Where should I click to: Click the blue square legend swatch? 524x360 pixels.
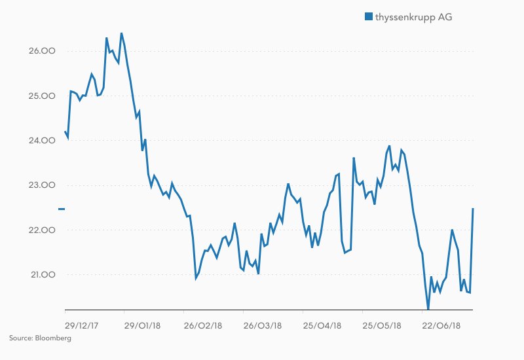[x=368, y=16]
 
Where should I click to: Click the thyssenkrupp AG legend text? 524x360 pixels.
[x=413, y=16]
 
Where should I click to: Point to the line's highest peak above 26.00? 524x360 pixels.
[x=121, y=33]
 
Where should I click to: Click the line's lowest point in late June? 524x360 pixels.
[x=428, y=308]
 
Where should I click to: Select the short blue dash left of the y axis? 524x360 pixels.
[x=62, y=209]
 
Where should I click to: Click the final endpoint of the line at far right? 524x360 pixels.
[x=473, y=209]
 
